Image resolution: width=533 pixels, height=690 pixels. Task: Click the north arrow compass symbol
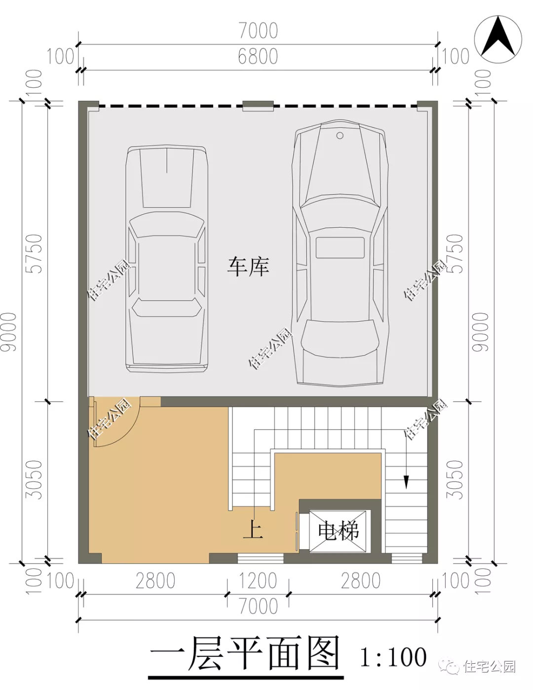(x=498, y=38)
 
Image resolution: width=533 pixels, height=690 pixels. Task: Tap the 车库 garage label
(x=248, y=267)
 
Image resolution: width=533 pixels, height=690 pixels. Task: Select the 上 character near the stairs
(x=253, y=529)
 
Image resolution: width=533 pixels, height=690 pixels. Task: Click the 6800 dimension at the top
(x=258, y=57)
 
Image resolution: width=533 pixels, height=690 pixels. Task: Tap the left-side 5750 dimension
(x=35, y=253)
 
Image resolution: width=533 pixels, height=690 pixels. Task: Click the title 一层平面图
(x=245, y=654)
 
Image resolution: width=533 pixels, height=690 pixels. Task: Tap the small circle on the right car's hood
(x=340, y=135)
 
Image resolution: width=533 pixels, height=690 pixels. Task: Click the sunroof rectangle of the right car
(x=340, y=247)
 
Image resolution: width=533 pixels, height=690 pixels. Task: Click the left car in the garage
(x=166, y=259)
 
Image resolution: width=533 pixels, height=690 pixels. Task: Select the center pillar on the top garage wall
(x=258, y=106)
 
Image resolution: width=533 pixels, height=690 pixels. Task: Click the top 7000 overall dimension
(x=258, y=31)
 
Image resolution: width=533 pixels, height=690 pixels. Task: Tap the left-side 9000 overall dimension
(x=9, y=332)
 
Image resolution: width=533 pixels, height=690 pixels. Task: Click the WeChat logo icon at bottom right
(x=452, y=666)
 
